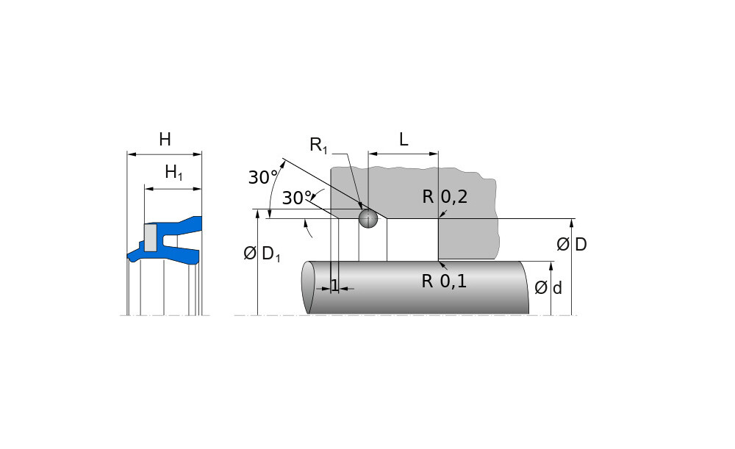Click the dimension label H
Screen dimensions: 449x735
coord(165,139)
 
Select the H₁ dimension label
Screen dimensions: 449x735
coord(173,173)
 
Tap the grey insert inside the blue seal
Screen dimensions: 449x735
coord(151,237)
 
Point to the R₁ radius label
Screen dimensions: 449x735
coord(319,145)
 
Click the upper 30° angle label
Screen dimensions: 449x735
coord(262,177)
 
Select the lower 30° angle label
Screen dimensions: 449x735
coord(296,198)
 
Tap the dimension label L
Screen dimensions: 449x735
coord(404,140)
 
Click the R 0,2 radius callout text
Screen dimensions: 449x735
coord(445,196)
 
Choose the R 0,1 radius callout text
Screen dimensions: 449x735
coord(445,281)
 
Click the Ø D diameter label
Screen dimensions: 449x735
coord(572,245)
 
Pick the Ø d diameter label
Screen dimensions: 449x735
coord(548,288)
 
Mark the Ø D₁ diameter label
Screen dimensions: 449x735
coord(262,254)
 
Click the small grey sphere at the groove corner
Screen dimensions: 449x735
coord(367,218)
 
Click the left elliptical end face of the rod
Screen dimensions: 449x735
coord(309,288)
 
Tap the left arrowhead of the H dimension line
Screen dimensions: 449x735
coord(130,154)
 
